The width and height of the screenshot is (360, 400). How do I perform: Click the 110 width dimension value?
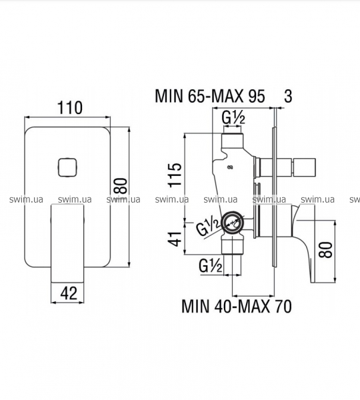click(70, 108)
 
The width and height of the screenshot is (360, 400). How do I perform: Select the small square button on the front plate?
click(67, 167)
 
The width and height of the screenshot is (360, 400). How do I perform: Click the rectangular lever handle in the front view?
click(67, 243)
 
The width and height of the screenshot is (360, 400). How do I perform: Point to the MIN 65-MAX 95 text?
click(210, 97)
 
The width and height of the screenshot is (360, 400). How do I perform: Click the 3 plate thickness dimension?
click(288, 96)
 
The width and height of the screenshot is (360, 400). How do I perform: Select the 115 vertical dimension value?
click(175, 175)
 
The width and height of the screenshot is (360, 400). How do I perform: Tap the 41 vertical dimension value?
click(175, 239)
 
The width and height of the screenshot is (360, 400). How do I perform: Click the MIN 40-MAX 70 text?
click(237, 306)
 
